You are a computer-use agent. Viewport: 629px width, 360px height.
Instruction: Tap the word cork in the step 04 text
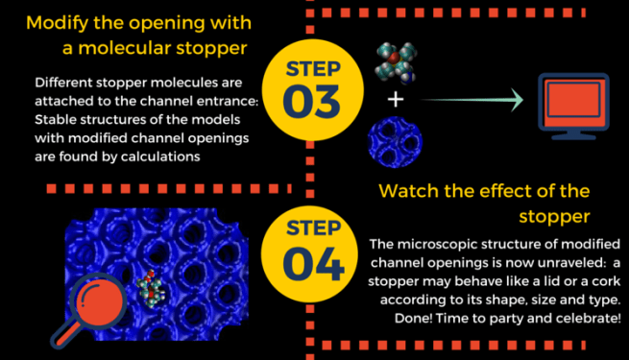point(508,283)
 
